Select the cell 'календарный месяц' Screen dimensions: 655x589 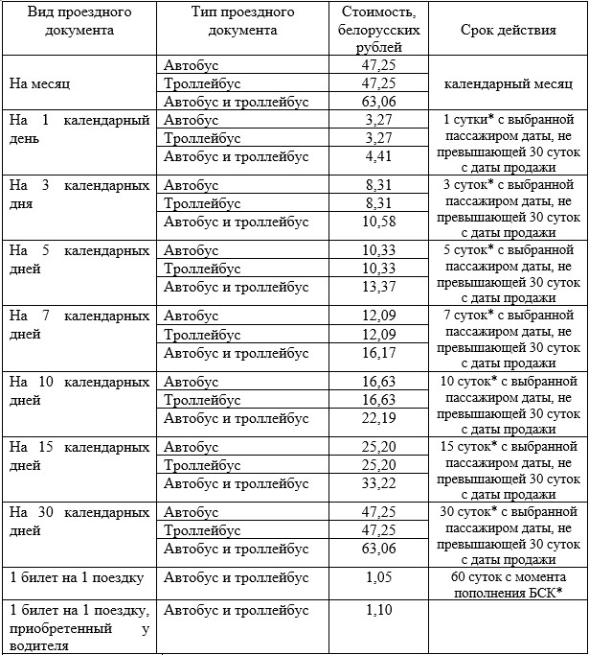(508, 83)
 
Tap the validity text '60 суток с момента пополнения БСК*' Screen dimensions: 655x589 (508, 585)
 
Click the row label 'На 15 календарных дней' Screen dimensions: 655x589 (79, 456)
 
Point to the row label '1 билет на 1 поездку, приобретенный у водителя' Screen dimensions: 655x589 (79, 627)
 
